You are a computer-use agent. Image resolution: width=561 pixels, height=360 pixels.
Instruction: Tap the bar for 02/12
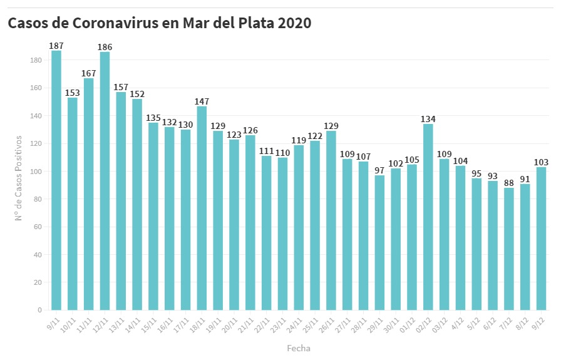pos(428,217)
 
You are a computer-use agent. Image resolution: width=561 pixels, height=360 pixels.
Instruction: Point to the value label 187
pos(56,46)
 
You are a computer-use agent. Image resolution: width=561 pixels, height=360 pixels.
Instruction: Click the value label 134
pos(428,119)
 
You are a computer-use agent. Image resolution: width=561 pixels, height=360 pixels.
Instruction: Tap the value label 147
pos(202,101)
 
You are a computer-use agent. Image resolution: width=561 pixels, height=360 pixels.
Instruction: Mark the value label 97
pos(379,170)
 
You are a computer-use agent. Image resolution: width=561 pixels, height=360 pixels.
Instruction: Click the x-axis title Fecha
pos(299,348)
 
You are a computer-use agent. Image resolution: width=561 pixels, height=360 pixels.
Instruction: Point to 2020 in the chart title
pos(294,23)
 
